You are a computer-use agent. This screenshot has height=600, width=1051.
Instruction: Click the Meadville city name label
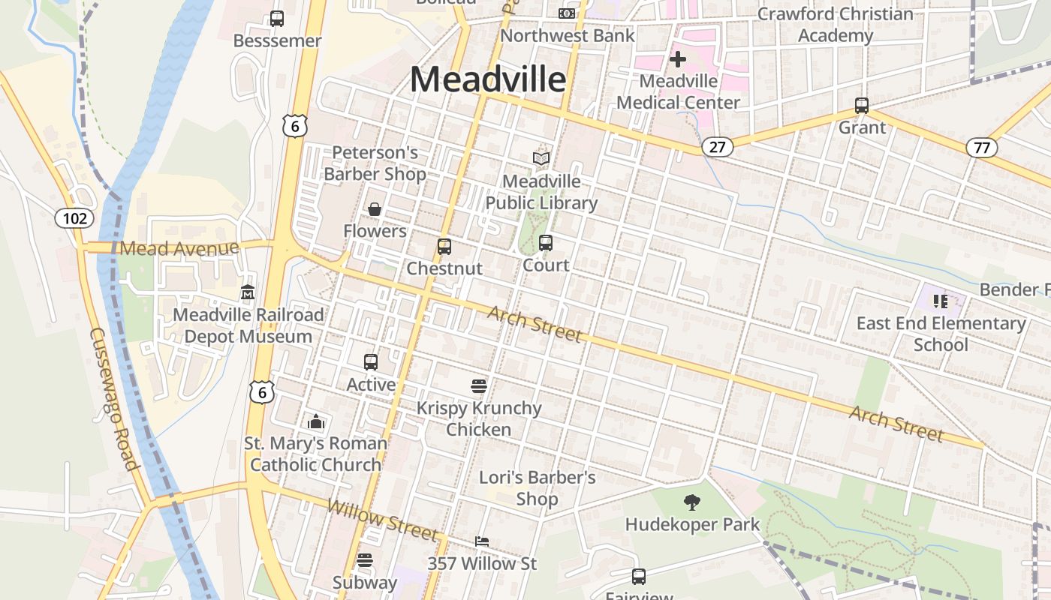click(488, 79)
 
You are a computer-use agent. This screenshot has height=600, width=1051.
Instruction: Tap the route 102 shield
click(75, 218)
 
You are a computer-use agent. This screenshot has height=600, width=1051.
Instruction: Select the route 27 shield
click(718, 146)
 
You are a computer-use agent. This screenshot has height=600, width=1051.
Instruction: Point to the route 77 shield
click(982, 147)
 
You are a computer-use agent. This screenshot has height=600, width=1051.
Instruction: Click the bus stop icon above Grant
click(862, 106)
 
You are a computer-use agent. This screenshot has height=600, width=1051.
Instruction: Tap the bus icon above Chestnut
click(444, 246)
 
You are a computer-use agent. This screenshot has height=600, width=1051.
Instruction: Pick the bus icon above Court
click(546, 242)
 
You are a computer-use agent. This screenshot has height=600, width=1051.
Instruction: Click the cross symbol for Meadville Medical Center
click(678, 59)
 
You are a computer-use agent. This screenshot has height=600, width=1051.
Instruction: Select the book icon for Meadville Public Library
click(541, 158)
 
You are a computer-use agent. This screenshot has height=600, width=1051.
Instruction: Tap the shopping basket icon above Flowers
click(375, 209)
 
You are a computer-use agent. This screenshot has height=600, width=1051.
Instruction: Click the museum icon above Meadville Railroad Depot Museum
click(248, 292)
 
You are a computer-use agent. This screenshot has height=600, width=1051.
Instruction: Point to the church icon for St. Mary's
click(316, 421)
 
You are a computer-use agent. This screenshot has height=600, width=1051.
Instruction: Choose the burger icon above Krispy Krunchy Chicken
click(479, 386)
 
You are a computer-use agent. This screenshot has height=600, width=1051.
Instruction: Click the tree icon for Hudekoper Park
click(692, 502)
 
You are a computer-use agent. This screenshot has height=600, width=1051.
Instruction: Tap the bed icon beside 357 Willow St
click(482, 541)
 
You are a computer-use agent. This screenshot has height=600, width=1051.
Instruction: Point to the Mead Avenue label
click(179, 248)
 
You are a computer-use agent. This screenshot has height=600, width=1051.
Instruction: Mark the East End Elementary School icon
click(940, 301)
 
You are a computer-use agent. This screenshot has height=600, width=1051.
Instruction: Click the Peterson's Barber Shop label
click(375, 163)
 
